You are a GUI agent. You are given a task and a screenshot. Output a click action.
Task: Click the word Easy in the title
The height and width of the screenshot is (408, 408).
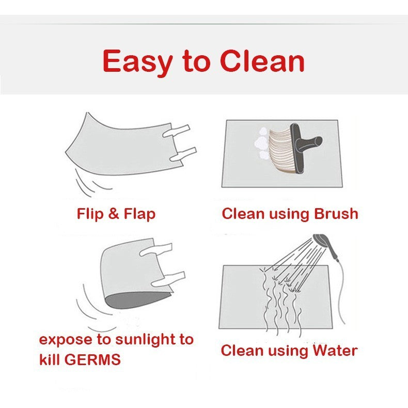(x=137, y=62)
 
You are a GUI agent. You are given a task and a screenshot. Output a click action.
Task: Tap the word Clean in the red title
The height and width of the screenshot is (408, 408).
(x=262, y=61)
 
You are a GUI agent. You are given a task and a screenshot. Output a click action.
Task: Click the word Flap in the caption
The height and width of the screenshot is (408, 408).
(x=139, y=214)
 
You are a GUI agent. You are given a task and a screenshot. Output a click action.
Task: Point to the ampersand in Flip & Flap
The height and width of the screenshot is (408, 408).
(x=114, y=214)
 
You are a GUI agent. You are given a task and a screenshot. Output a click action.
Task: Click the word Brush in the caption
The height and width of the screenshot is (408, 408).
(x=336, y=214)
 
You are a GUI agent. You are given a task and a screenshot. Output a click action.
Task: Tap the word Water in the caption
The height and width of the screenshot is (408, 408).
(x=335, y=350)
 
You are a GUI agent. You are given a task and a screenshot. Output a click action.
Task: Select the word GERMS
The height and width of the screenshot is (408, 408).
(x=92, y=360)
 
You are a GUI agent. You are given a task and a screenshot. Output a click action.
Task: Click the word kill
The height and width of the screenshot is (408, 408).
(x=50, y=359)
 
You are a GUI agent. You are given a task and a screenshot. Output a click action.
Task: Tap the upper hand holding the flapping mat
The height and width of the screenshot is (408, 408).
(x=177, y=131)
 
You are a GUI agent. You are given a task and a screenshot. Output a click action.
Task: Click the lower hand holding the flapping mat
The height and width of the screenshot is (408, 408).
(x=183, y=154)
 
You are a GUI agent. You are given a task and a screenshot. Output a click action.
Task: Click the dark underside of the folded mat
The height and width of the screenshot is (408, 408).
(x=137, y=301)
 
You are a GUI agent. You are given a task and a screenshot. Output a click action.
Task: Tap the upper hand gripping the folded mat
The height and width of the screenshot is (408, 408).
(x=156, y=250)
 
